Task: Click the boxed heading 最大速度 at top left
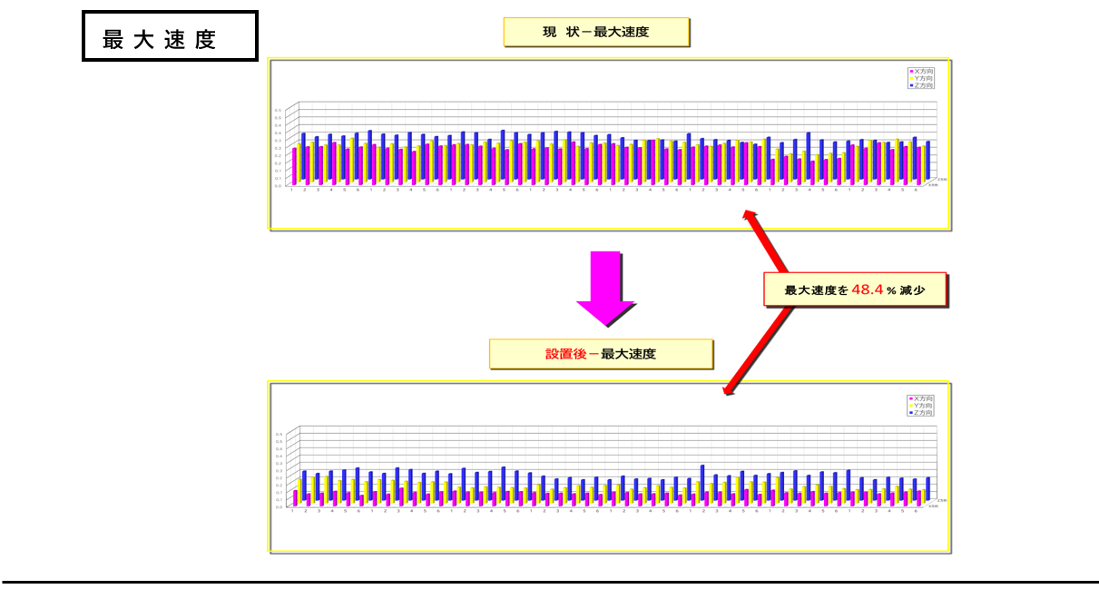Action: coord(170,36)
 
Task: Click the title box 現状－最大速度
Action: coord(596,33)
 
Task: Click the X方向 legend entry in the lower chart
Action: coord(920,398)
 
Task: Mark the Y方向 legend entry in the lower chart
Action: coord(920,406)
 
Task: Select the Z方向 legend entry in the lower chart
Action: coord(920,413)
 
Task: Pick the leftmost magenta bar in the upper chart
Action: coord(294,166)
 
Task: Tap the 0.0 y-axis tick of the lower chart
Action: coord(278,507)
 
